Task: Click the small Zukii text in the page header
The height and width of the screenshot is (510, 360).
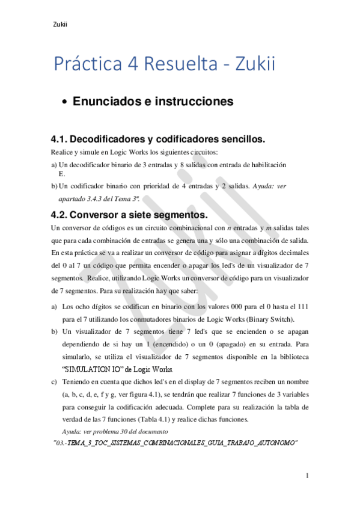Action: (x=60, y=25)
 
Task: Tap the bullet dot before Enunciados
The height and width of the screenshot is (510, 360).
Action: (x=66, y=103)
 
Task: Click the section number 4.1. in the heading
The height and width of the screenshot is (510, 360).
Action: (x=62, y=140)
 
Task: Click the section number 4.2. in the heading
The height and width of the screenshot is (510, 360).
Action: (x=62, y=215)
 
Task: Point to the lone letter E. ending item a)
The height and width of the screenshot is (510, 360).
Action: (x=61, y=173)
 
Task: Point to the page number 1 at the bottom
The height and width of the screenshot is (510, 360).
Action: (x=307, y=476)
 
